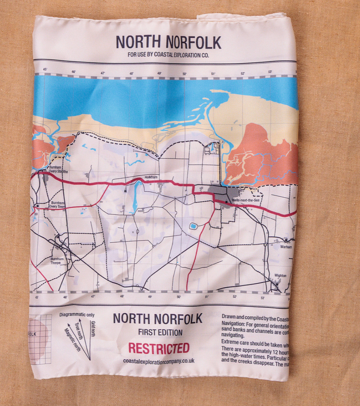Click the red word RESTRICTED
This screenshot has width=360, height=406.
point(159,348)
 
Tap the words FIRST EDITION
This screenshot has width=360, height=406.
point(160,332)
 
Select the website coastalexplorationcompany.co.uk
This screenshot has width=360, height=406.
point(159,361)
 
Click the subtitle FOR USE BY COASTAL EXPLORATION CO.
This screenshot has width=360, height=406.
point(169,56)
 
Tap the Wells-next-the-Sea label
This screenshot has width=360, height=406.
point(245,200)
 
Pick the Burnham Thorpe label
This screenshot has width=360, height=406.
point(57,261)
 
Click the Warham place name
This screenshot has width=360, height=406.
point(286,247)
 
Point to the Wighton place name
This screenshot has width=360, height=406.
point(280,275)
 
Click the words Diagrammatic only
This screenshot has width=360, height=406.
point(77,315)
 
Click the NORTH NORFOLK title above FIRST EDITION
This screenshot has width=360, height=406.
point(158,318)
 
